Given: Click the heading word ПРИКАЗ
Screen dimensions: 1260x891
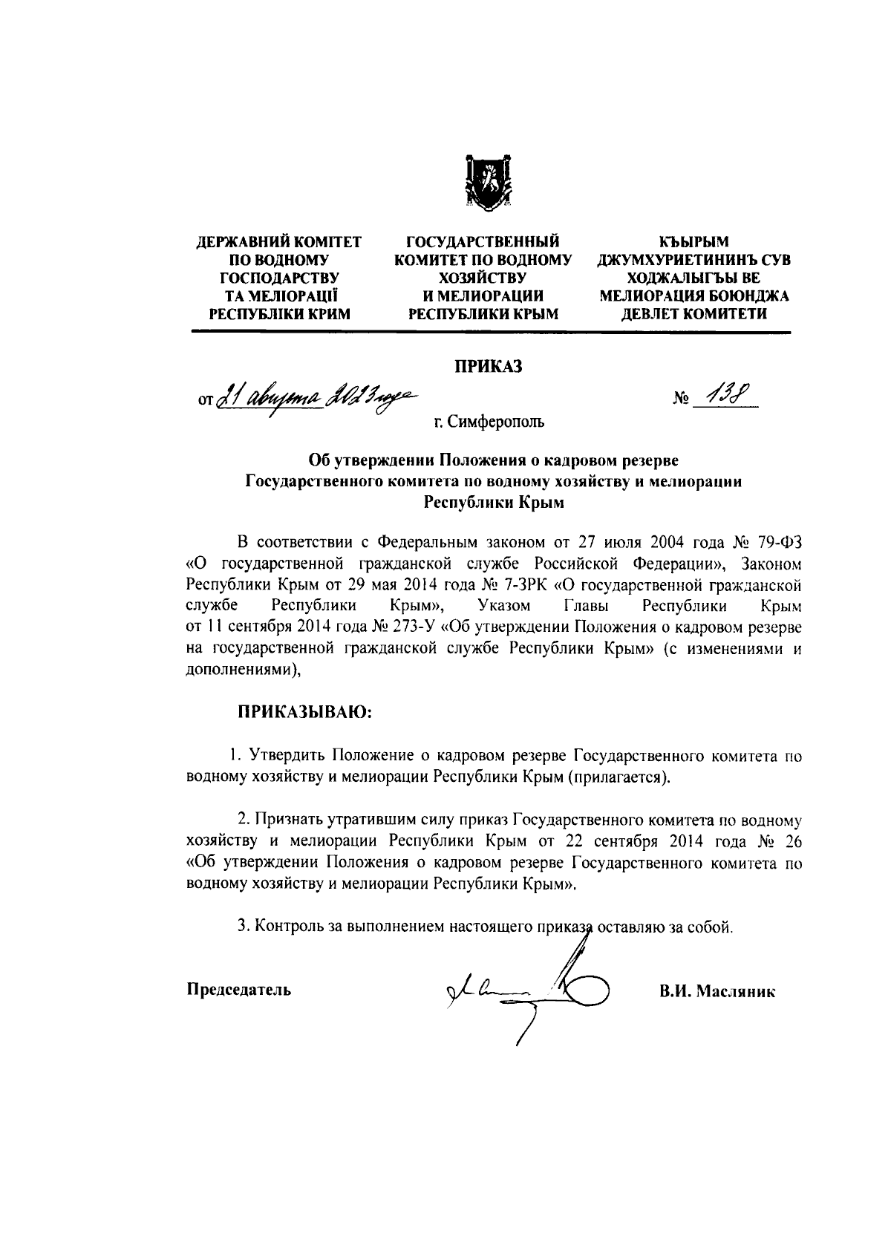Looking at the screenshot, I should [x=489, y=366].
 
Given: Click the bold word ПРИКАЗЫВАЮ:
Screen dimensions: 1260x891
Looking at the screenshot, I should [x=303, y=712].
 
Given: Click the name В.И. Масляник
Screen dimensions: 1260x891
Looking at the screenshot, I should [x=717, y=991].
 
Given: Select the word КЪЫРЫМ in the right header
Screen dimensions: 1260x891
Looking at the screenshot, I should [x=694, y=242].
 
